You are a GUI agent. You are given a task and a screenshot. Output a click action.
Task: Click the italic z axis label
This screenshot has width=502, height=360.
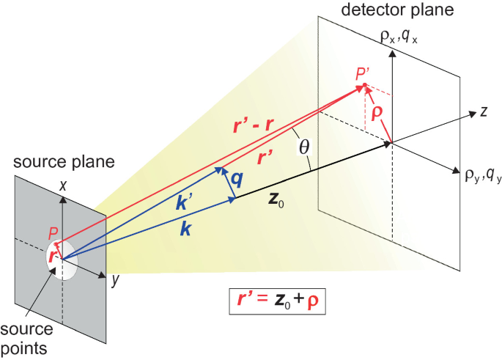[x=484, y=111]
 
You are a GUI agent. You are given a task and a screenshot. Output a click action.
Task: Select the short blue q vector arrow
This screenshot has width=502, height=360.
[x=226, y=183]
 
